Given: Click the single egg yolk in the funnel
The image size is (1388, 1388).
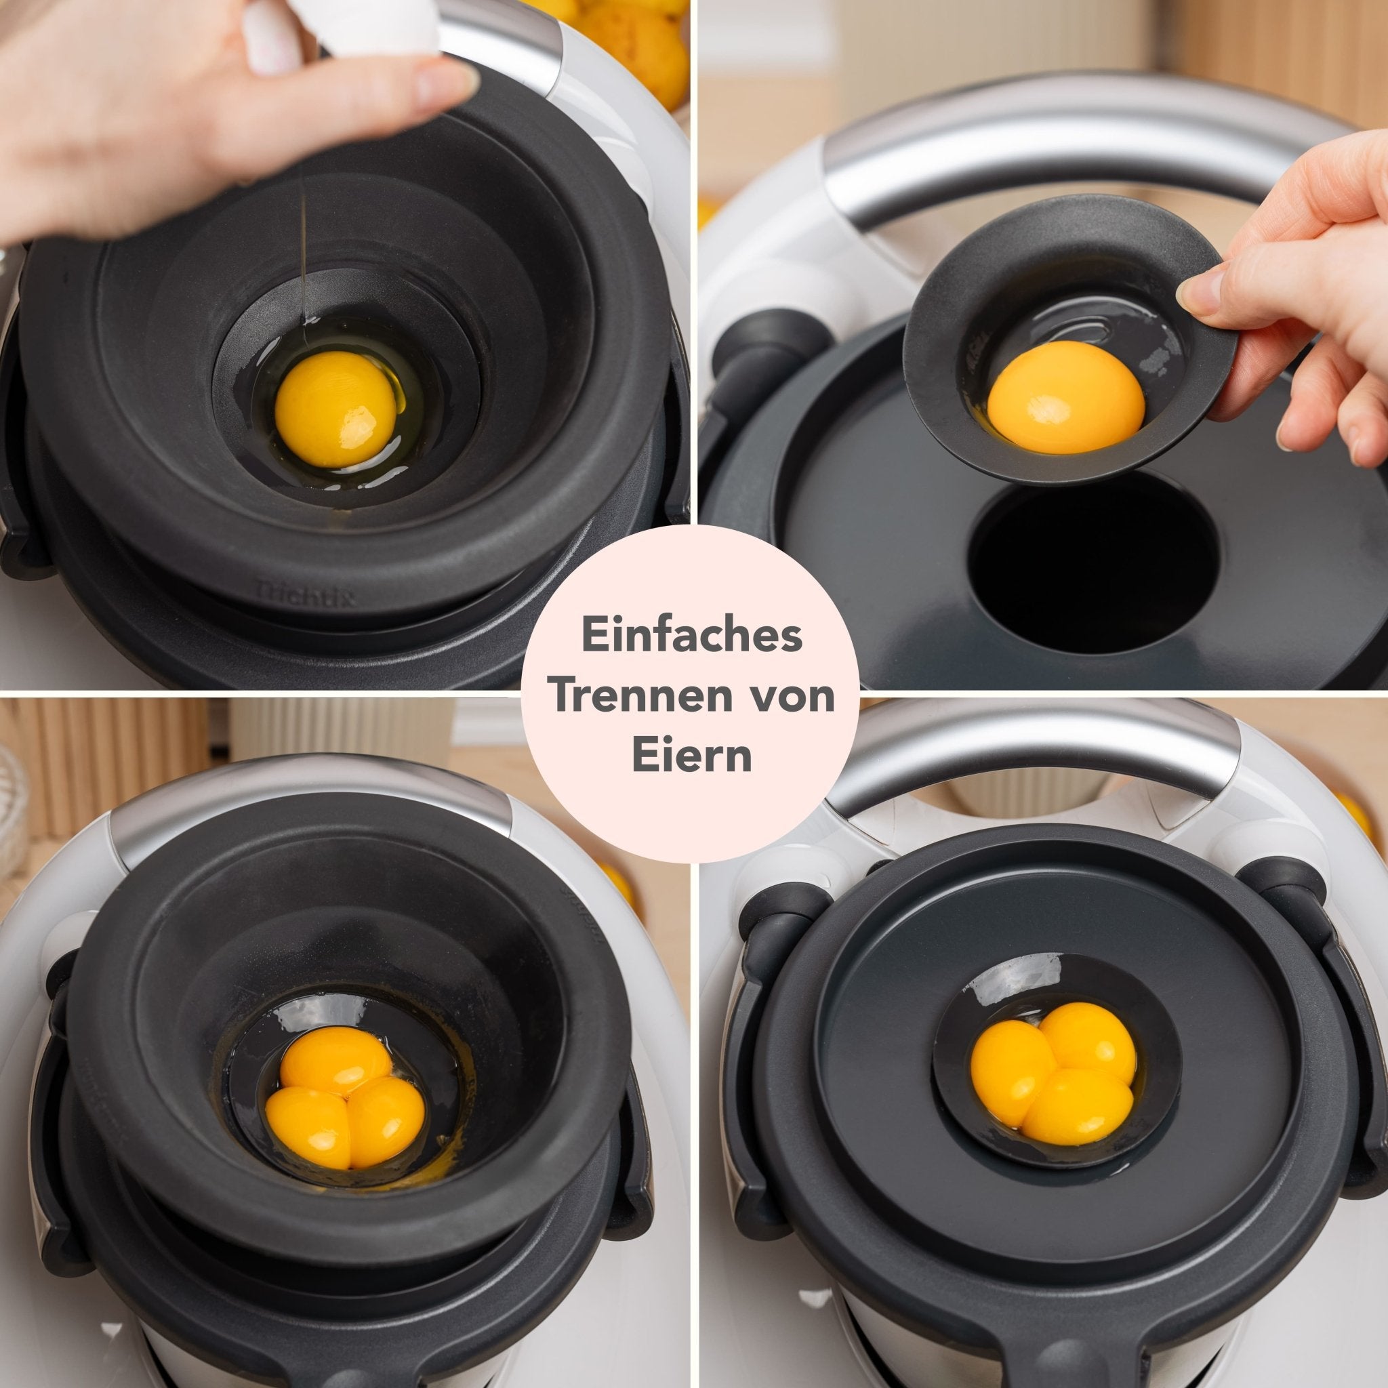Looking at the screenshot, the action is pos(335,407).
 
